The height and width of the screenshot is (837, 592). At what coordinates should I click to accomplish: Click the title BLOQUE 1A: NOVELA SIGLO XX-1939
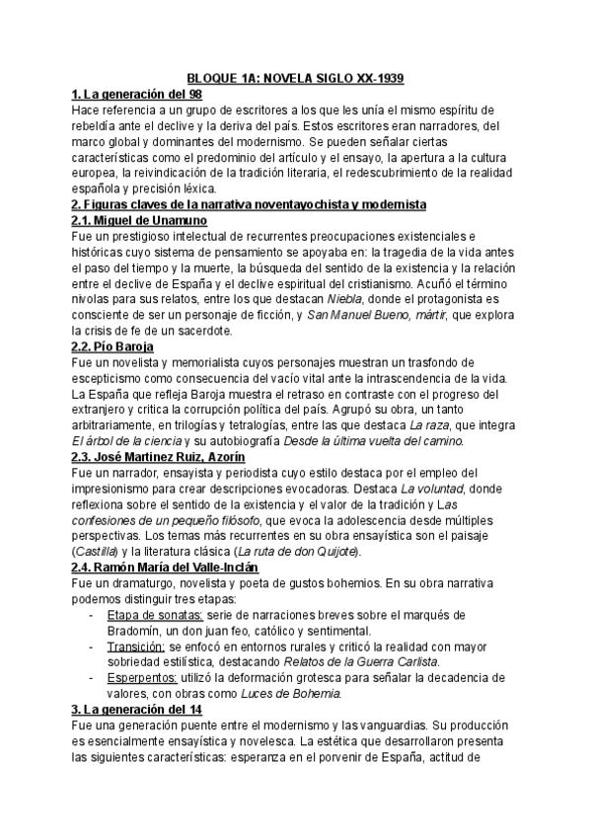[x=297, y=78]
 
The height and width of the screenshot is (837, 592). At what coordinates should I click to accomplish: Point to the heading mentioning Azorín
[x=159, y=458]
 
